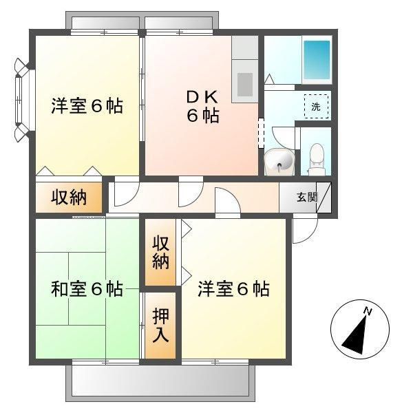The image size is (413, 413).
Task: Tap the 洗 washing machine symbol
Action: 316,107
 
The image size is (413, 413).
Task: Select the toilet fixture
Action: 316,155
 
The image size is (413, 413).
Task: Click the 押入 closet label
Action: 160,326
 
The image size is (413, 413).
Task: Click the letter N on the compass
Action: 368,312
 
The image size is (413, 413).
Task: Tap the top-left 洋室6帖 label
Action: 87,107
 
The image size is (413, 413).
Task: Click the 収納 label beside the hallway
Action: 69,198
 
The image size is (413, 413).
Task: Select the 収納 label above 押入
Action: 160,252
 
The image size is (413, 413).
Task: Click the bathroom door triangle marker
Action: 269,80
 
